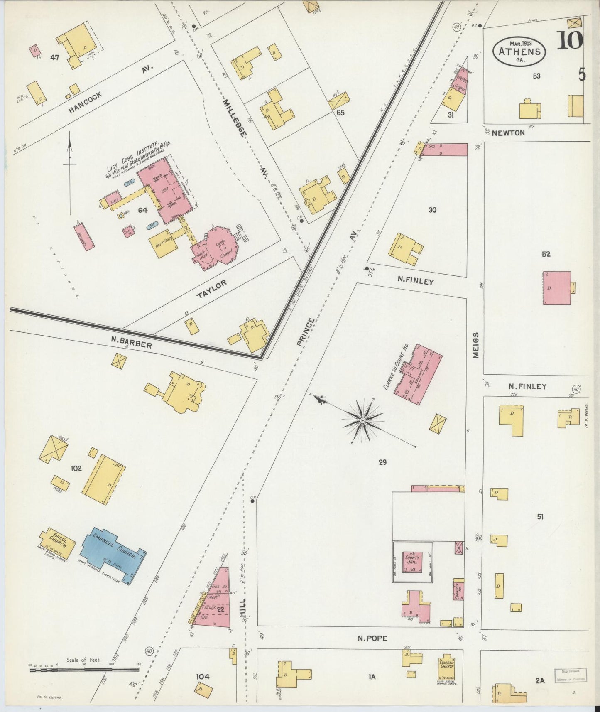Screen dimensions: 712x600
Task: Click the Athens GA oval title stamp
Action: [x=519, y=51]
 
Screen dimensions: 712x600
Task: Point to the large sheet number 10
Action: [x=570, y=40]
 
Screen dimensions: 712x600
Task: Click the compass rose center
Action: [x=363, y=420]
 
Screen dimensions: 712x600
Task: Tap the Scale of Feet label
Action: [x=83, y=660]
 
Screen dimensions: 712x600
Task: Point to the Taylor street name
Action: [x=212, y=289]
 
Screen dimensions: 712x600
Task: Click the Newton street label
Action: [x=508, y=133]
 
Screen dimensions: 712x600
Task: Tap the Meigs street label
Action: [x=476, y=346]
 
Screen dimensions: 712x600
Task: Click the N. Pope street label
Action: [x=372, y=638]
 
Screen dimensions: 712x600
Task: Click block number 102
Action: [x=76, y=468]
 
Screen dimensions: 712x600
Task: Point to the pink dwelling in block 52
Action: [x=556, y=288]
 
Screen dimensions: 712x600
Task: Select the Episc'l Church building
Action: [x=58, y=543]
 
